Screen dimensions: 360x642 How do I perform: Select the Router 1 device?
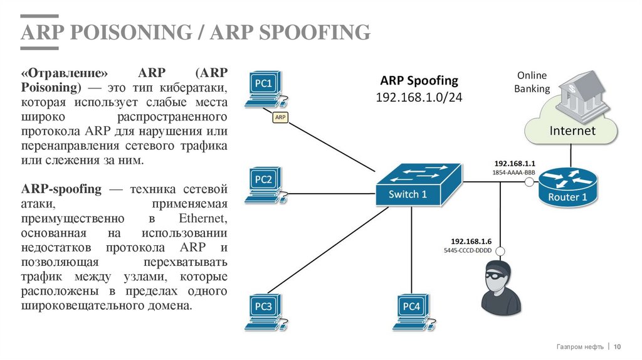(567, 187)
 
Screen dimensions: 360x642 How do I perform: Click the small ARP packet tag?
(280, 117)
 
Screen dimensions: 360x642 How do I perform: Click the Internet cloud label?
(572, 131)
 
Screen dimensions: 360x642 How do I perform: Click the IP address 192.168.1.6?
(471, 241)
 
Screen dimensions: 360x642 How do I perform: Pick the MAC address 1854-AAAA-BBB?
(513, 171)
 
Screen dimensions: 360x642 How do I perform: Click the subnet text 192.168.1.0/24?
(419, 98)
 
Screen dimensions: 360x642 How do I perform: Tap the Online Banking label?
(532, 82)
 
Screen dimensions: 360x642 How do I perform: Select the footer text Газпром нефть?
(580, 347)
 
